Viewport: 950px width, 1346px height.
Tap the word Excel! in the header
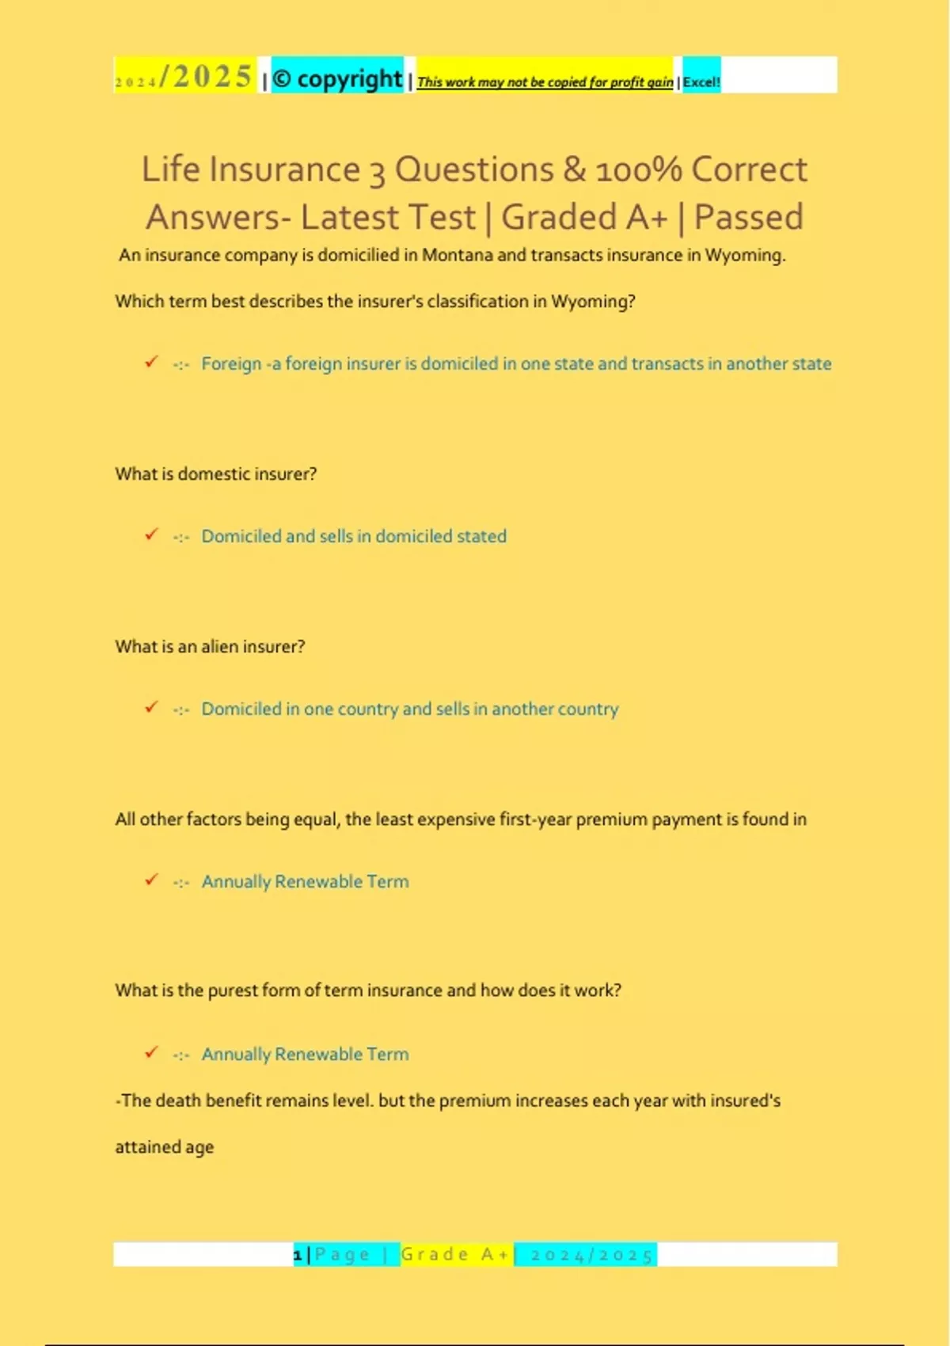tap(701, 82)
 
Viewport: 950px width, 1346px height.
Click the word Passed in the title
tap(748, 218)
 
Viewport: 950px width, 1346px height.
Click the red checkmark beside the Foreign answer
tap(151, 362)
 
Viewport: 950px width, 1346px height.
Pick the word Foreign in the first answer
tap(231, 363)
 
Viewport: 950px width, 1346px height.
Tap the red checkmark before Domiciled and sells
tap(151, 534)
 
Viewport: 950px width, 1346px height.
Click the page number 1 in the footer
tap(298, 1255)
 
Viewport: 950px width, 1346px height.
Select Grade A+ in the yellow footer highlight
tap(455, 1255)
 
